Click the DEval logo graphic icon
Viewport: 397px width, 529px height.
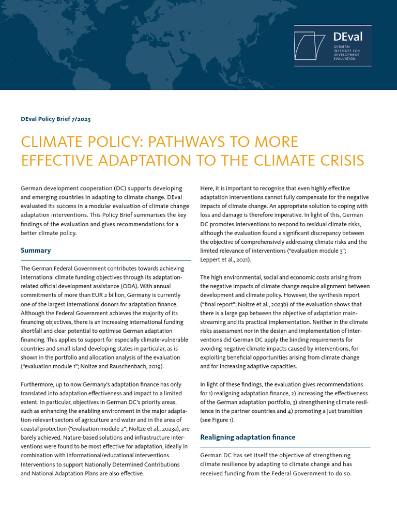(313, 45)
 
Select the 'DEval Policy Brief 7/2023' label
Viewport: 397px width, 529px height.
(55, 119)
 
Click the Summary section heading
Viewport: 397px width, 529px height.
(36, 251)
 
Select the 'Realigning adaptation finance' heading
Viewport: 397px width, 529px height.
(248, 437)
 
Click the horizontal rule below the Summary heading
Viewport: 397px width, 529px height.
(105, 260)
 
